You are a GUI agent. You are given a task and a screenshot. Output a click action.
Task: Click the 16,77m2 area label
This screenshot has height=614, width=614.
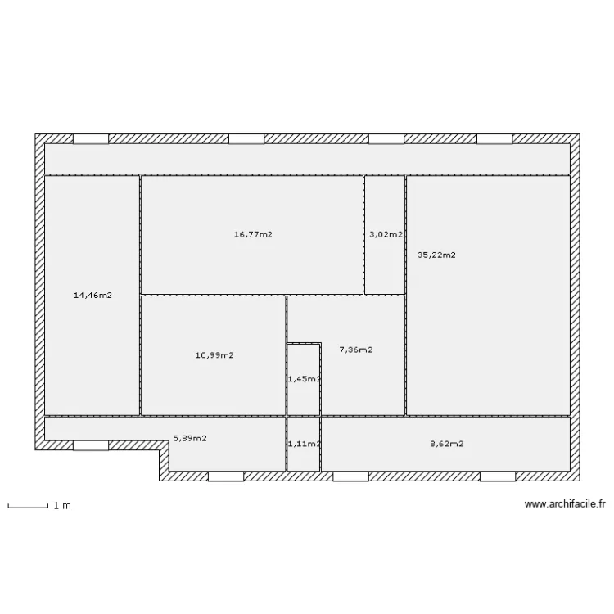coord(253,234)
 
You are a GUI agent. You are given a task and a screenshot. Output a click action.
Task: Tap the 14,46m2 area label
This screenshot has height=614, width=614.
coord(93,295)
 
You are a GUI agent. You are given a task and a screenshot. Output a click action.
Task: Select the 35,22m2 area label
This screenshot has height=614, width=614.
coord(436,255)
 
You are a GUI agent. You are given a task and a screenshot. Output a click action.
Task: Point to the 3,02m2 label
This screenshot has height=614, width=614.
coord(386,234)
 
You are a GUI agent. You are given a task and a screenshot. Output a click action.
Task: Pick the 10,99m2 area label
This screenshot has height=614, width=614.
coord(214,354)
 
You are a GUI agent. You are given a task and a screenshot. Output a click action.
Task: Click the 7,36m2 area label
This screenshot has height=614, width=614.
coord(356,350)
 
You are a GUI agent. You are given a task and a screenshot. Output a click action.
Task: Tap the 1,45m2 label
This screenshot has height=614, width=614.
coord(304,379)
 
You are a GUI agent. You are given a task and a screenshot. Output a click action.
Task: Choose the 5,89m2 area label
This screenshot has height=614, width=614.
coord(189,438)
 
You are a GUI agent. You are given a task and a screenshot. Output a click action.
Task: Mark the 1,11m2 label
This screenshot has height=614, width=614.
coord(304,444)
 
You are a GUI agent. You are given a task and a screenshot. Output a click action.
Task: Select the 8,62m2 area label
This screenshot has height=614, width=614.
coord(447,444)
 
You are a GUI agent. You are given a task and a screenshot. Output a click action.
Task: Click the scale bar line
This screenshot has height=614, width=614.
coord(27,508)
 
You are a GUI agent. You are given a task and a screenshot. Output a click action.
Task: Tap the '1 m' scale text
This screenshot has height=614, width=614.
coord(62,506)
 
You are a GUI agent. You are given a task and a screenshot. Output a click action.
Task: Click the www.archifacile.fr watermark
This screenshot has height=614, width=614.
coord(564,505)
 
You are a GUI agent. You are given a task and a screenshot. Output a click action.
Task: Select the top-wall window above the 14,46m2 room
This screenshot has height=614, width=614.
coord(91,139)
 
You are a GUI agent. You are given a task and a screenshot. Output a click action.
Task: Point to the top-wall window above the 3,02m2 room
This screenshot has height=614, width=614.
coord(386,139)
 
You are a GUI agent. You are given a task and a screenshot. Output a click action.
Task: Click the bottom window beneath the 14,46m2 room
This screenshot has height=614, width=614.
coord(91,446)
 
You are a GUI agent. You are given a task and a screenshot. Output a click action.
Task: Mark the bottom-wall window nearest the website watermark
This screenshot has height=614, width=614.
coord(497,476)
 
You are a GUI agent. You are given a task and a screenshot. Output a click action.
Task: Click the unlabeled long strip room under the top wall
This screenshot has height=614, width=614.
coord(307,159)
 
